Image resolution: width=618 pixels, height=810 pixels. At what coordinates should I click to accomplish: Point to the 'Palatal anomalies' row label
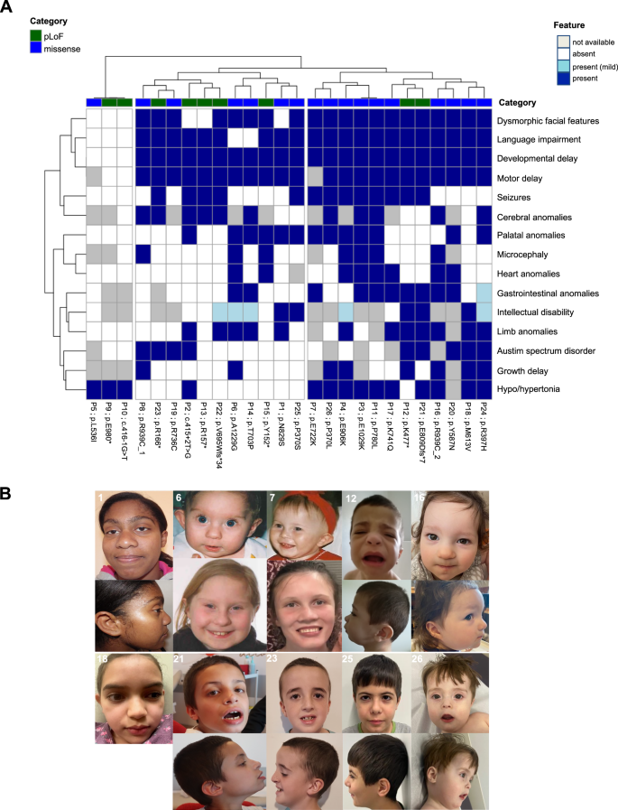coord(530,236)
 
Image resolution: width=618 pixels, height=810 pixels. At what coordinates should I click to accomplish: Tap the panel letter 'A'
coord(8,8)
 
